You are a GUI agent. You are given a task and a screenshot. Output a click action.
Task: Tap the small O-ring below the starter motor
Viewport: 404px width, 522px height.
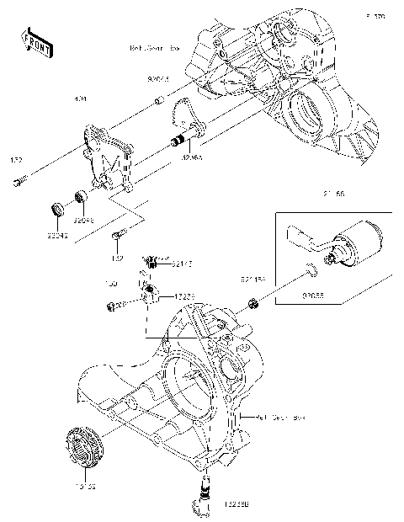(x=311, y=270)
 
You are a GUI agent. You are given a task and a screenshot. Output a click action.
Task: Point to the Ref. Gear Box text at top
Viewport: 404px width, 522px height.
(x=156, y=49)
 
